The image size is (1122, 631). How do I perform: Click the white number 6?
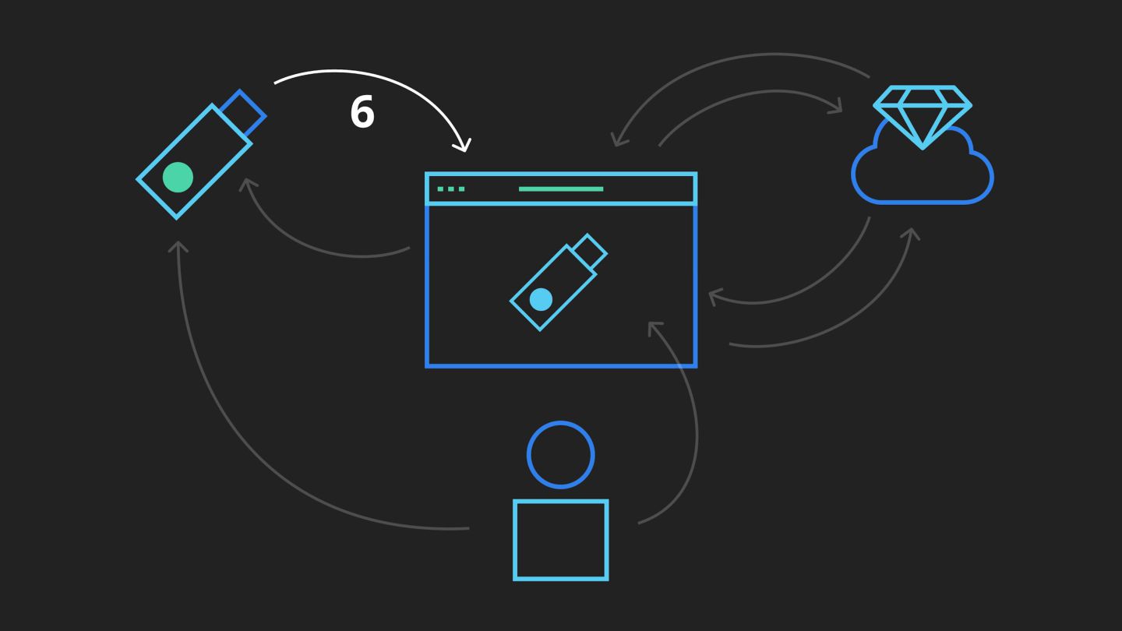(x=362, y=112)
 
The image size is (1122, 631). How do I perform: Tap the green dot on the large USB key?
(x=178, y=178)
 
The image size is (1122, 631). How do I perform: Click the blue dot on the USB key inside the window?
(x=541, y=299)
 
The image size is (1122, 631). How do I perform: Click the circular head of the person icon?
(x=561, y=455)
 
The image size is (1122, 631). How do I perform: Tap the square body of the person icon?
(x=561, y=540)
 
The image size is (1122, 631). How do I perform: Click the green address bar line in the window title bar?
(x=561, y=189)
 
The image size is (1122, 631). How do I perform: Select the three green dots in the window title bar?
(x=451, y=189)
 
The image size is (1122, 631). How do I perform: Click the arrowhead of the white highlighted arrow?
(x=464, y=146)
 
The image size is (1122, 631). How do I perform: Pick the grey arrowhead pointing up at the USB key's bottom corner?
(x=178, y=246)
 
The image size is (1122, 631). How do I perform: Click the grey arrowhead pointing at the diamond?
(x=838, y=108)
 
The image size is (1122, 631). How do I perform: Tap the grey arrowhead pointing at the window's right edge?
(x=714, y=295)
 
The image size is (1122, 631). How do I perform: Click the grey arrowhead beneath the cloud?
(x=912, y=233)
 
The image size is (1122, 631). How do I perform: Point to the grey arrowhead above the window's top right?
(x=618, y=141)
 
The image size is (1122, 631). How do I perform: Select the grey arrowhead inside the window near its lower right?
(x=654, y=327)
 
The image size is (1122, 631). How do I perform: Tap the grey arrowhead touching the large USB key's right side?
(x=248, y=185)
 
